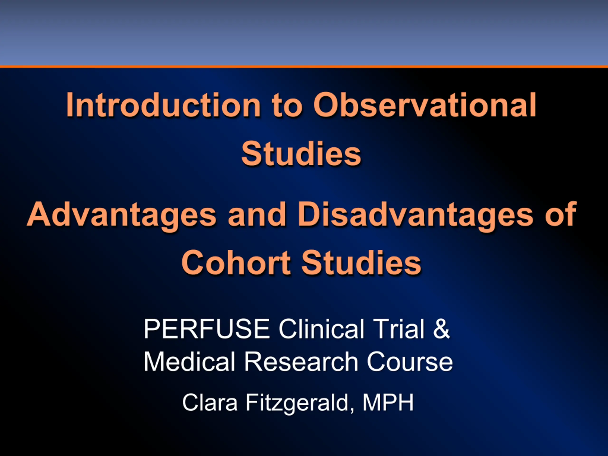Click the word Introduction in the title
(x=163, y=105)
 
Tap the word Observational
(x=425, y=105)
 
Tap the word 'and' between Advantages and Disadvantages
(x=257, y=214)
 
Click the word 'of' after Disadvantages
(x=561, y=214)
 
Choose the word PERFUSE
(x=206, y=329)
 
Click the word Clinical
(x=321, y=329)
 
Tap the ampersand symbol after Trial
(x=442, y=329)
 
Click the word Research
(x=301, y=361)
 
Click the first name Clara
(x=210, y=403)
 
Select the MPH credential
(x=388, y=403)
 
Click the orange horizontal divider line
(x=304, y=66)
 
